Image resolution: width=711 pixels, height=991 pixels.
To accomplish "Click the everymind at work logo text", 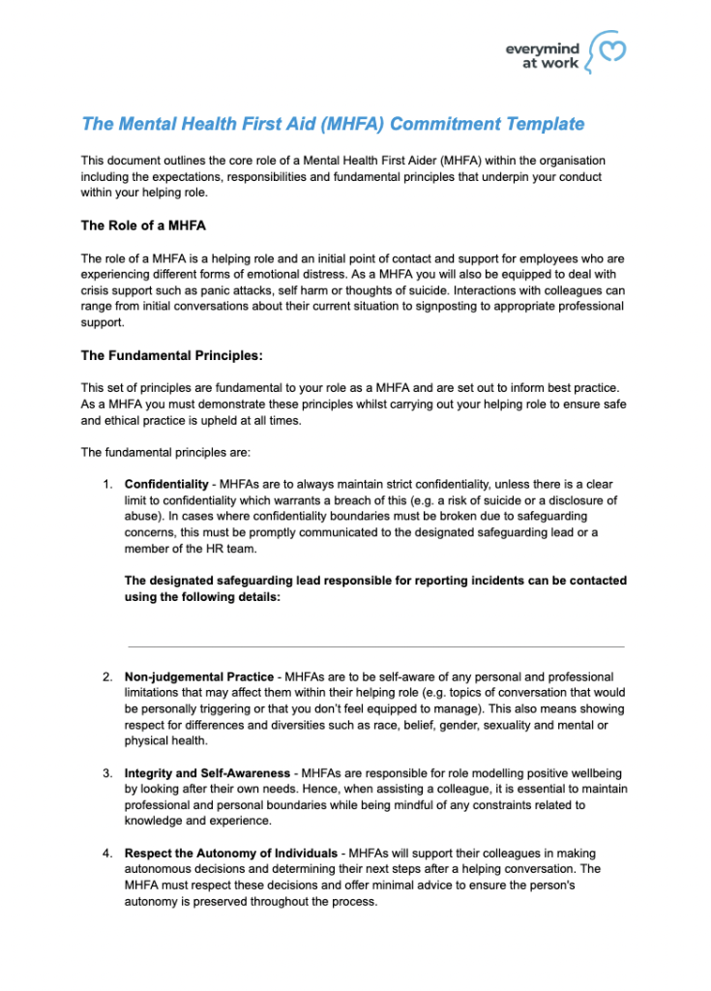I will (543, 55).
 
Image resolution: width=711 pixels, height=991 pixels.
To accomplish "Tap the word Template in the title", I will (548, 124).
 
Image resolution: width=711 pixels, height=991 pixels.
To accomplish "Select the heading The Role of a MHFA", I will (143, 225).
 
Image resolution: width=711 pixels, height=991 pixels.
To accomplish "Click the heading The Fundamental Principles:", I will (171, 355).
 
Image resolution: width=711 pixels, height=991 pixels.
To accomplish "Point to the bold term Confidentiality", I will (165, 484).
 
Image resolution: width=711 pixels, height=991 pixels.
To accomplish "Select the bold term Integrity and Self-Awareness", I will (207, 773).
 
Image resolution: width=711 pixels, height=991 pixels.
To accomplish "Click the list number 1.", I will (107, 484).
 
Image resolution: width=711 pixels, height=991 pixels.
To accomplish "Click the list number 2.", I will (107, 676).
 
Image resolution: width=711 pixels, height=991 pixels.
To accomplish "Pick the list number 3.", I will (107, 773).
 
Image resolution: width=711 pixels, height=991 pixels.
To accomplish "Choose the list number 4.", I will (107, 854).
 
